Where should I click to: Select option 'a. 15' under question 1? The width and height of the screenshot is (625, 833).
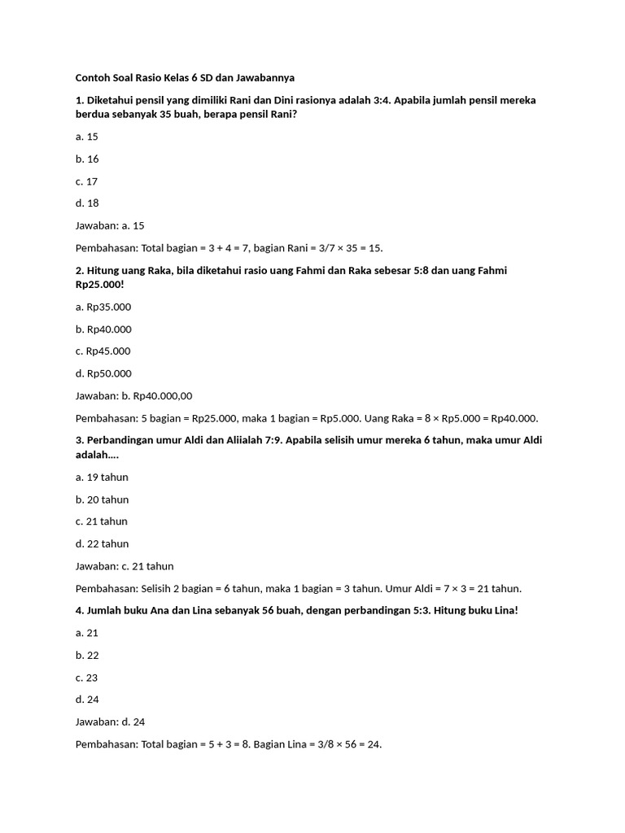tap(86, 137)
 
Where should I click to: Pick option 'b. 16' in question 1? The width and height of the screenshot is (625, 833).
tap(87, 159)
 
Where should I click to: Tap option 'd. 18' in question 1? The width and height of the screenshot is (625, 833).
tap(87, 203)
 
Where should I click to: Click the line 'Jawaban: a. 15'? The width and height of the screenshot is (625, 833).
tap(110, 225)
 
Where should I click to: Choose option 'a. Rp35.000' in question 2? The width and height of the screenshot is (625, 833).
tap(103, 307)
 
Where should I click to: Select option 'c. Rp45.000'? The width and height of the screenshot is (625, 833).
tap(103, 351)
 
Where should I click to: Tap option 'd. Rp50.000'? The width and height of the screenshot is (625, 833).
tap(103, 373)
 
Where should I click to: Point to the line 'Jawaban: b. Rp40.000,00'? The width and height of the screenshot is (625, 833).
tap(133, 395)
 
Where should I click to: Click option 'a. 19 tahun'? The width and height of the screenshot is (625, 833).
tap(102, 477)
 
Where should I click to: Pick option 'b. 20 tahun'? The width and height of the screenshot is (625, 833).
tap(102, 499)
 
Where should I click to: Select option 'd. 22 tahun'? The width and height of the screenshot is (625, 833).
tap(102, 543)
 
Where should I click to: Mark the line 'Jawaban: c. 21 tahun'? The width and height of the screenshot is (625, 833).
tap(125, 566)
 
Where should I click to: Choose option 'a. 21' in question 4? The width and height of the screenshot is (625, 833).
tap(86, 632)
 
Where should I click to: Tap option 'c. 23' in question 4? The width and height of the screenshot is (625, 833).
tap(86, 677)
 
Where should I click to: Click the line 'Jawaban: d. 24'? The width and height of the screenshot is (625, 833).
tap(110, 722)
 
